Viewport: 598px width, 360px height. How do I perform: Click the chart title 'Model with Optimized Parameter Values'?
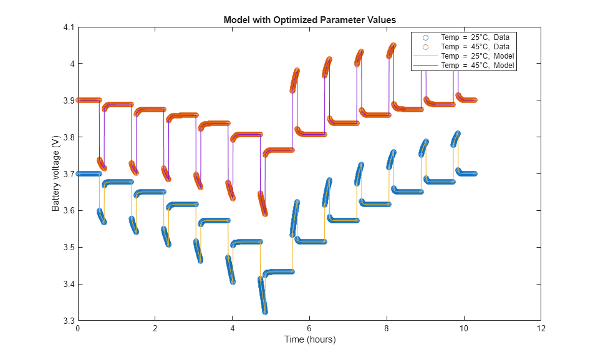coord(309,20)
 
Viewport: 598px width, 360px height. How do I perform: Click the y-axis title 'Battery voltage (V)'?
coord(55,175)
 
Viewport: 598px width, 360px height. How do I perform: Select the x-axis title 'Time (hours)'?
coord(309,339)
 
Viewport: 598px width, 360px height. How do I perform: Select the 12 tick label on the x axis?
coord(541,329)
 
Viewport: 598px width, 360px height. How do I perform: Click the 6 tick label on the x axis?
coord(309,329)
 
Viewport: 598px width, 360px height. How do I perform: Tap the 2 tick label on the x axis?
coord(155,329)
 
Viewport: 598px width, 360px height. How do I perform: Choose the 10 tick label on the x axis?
coord(463,329)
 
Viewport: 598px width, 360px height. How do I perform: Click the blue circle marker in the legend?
coord(425,37)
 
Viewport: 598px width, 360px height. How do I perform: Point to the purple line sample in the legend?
coord(425,65)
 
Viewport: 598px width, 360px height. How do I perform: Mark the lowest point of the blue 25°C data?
coord(265,311)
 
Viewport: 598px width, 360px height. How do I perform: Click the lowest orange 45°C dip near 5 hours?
coord(265,213)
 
